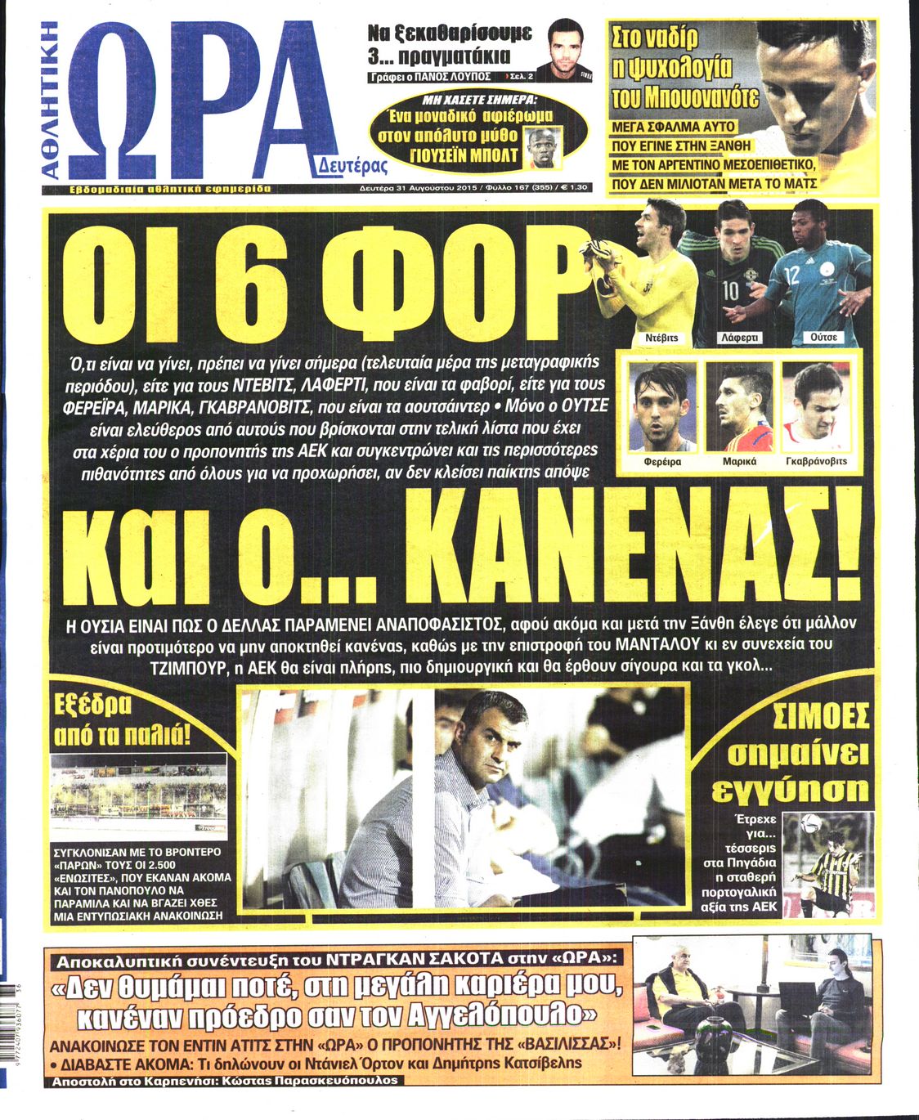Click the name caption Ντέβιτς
(x=661, y=337)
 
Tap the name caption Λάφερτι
(x=738, y=337)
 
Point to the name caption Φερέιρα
(x=662, y=461)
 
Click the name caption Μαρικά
(x=739, y=461)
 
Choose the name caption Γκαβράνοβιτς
(x=816, y=461)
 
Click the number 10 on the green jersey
(x=731, y=291)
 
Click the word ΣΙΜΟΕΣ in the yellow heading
(x=821, y=717)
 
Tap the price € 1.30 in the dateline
(x=572, y=187)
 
